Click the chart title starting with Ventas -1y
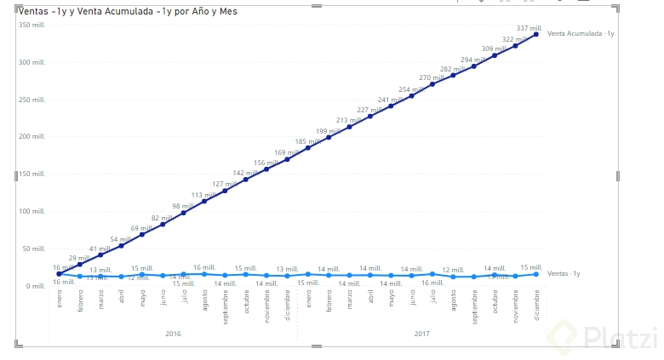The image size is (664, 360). [x=128, y=12]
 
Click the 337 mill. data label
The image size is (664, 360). [x=529, y=28]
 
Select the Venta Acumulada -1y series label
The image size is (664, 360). [x=581, y=33]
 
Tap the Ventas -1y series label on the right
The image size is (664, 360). [x=564, y=274]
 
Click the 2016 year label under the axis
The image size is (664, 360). [x=173, y=334]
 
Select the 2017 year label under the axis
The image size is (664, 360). [x=421, y=334]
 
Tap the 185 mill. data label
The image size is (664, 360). [x=306, y=141]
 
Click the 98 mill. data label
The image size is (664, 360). [x=182, y=206]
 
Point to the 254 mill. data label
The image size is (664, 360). [x=410, y=89]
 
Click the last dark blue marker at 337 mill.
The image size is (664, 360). [x=536, y=35]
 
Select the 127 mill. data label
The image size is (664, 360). [x=224, y=184]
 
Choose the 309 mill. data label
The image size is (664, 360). [x=493, y=49]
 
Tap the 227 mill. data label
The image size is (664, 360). [x=369, y=110]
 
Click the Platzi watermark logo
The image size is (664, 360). [x=608, y=338]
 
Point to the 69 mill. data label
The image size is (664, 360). [x=141, y=228]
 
